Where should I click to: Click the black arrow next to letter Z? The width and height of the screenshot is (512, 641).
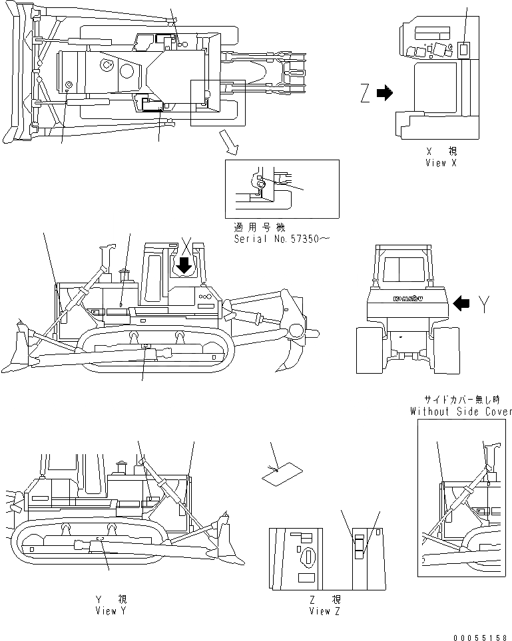385,94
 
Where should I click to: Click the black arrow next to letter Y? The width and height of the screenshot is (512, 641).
461,304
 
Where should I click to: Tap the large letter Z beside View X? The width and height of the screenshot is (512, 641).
364,94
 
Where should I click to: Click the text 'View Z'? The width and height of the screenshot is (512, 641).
325,610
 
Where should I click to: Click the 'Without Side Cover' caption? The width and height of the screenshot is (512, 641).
461,412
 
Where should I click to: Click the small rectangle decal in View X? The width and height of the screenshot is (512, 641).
464,49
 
